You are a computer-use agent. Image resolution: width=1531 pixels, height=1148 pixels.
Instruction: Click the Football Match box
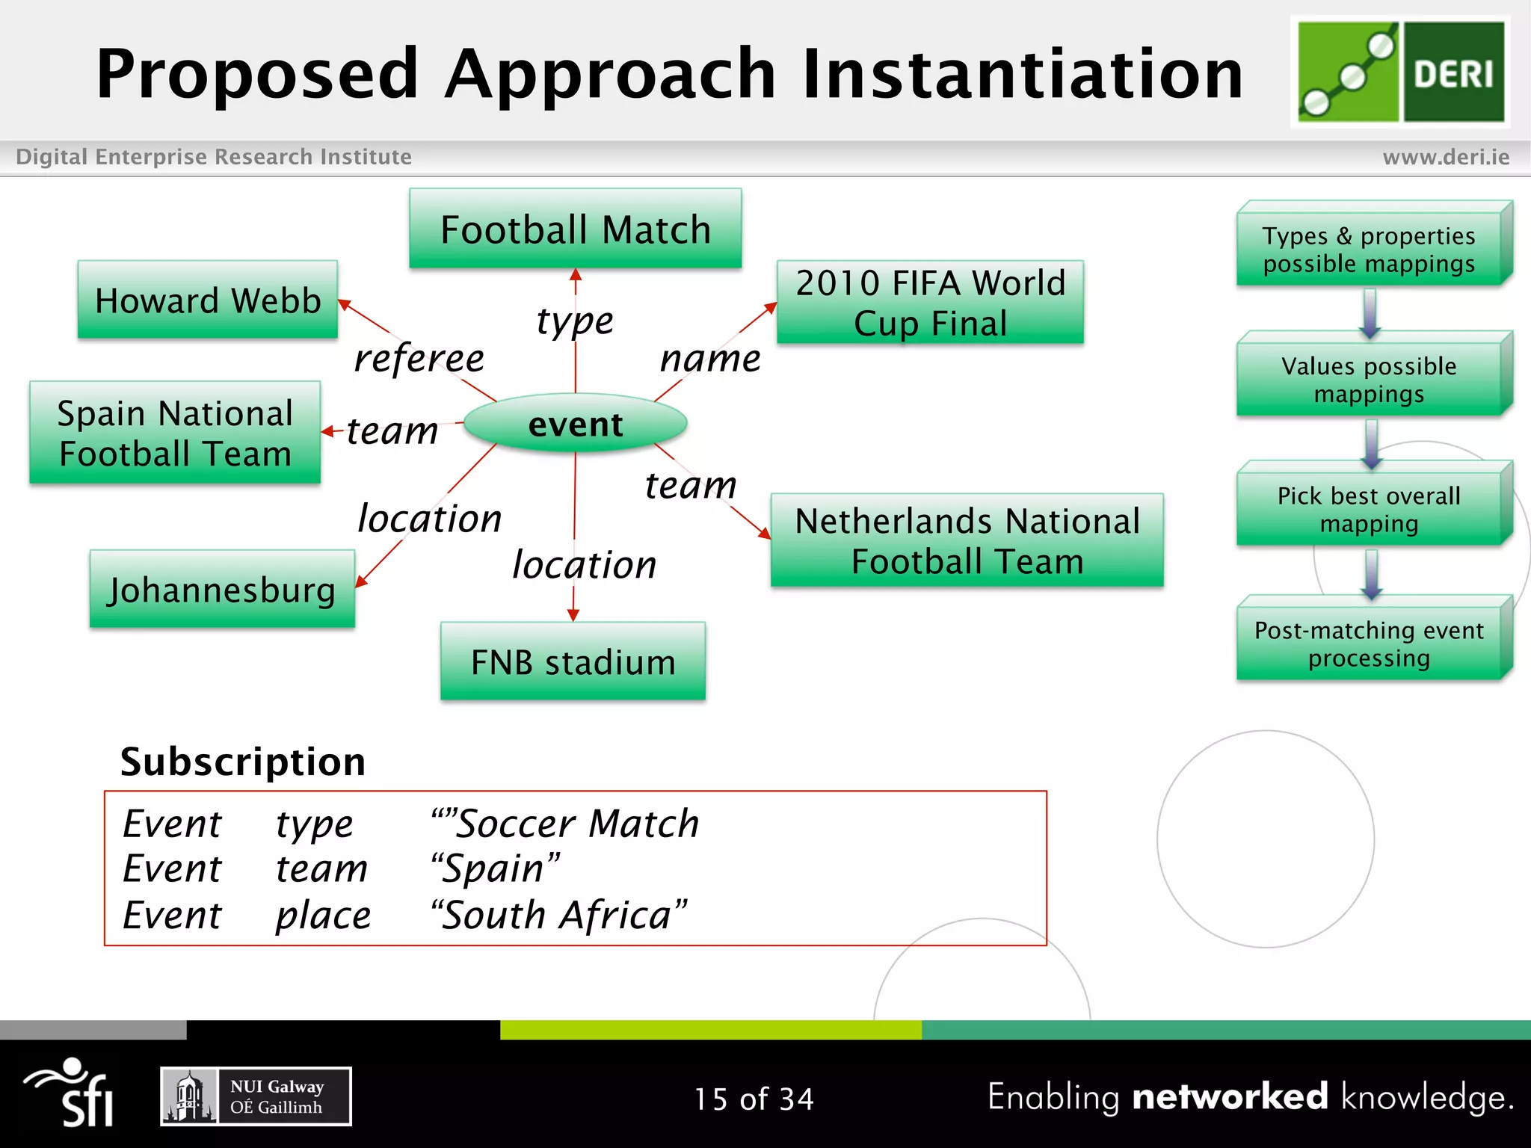click(x=575, y=229)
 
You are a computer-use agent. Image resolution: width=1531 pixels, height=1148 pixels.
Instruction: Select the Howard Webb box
click(x=208, y=300)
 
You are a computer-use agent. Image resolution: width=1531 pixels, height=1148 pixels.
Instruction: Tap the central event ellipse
click(x=575, y=424)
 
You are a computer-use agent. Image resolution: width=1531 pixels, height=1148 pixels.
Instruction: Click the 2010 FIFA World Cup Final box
click(x=930, y=303)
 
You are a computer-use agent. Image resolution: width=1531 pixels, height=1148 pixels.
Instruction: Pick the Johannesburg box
click(x=221, y=590)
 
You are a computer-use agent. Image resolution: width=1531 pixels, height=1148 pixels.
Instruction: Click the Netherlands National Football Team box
click(x=967, y=540)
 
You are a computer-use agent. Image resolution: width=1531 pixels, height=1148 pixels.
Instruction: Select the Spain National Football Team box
click(x=175, y=433)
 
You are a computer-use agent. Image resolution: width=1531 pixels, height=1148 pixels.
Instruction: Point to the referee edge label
click(x=419, y=358)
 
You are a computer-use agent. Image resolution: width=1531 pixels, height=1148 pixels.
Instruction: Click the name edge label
click(x=710, y=358)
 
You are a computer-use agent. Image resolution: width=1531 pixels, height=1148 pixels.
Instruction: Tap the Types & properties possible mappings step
click(x=1369, y=249)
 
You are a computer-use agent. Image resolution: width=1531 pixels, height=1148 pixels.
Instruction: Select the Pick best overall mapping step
click(x=1369, y=509)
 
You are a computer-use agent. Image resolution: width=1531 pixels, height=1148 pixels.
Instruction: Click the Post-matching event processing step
click(x=1369, y=644)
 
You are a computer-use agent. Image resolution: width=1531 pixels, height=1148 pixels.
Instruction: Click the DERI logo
click(x=1400, y=72)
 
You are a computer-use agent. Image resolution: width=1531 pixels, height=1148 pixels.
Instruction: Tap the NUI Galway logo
click(x=256, y=1096)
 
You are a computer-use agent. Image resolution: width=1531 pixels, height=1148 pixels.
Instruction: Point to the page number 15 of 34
click(x=754, y=1099)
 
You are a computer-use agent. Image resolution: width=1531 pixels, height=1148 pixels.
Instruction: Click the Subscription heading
click(x=243, y=762)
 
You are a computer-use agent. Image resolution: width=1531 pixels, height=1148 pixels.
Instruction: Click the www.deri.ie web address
click(x=1446, y=157)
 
